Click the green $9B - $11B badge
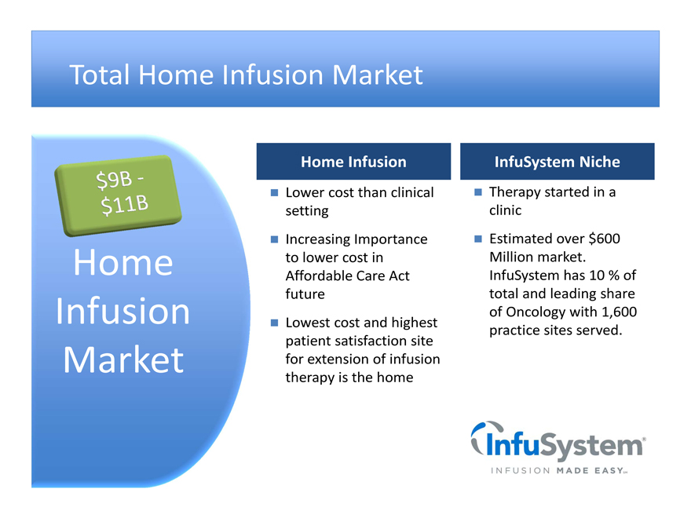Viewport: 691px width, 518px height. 118,195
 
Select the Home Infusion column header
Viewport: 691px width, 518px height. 353,161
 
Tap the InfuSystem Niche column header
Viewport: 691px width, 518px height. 557,161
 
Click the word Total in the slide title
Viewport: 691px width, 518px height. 100,75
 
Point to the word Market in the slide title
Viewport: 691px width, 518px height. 377,75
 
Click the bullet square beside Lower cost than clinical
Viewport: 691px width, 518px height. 274,192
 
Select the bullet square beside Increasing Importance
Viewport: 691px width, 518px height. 274,239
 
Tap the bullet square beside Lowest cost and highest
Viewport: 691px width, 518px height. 274,323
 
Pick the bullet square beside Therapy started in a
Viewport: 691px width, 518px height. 478,192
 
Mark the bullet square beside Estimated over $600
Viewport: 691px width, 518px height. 478,239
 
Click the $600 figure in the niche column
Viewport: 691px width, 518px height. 605,239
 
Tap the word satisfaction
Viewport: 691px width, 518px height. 371,341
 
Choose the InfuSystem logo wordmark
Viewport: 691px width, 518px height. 564,445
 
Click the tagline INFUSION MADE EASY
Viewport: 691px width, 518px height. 559,471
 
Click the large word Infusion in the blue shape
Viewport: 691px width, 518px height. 123,311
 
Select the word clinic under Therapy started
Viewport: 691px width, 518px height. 505,210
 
